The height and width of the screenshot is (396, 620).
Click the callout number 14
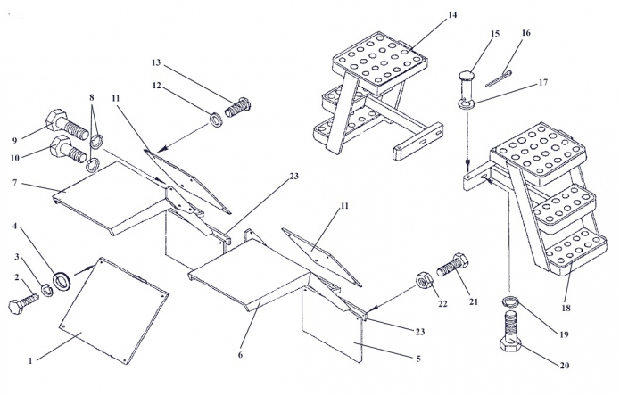pyautogui.click(x=452, y=15)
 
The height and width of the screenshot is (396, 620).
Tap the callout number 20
pyautogui.click(x=565, y=365)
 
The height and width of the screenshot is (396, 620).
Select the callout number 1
pyautogui.click(x=30, y=361)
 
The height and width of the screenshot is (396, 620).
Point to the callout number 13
pyautogui.click(x=156, y=62)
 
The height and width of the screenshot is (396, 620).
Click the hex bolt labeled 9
pyautogui.click(x=67, y=125)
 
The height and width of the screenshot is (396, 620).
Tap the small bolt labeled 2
pyautogui.click(x=23, y=302)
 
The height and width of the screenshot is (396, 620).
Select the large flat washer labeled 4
pyautogui.click(x=62, y=281)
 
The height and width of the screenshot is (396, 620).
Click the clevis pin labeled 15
pyautogui.click(x=467, y=90)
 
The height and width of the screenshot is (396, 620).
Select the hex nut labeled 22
pyautogui.click(x=425, y=281)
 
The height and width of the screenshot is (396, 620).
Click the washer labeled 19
pyautogui.click(x=510, y=302)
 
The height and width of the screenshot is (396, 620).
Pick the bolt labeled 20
pyautogui.click(x=510, y=331)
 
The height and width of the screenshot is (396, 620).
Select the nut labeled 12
pyautogui.click(x=216, y=120)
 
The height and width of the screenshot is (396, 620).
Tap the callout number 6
pyautogui.click(x=240, y=354)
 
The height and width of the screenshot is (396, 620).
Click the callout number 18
pyautogui.click(x=566, y=308)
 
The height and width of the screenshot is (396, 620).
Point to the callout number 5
pyautogui.click(x=418, y=359)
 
